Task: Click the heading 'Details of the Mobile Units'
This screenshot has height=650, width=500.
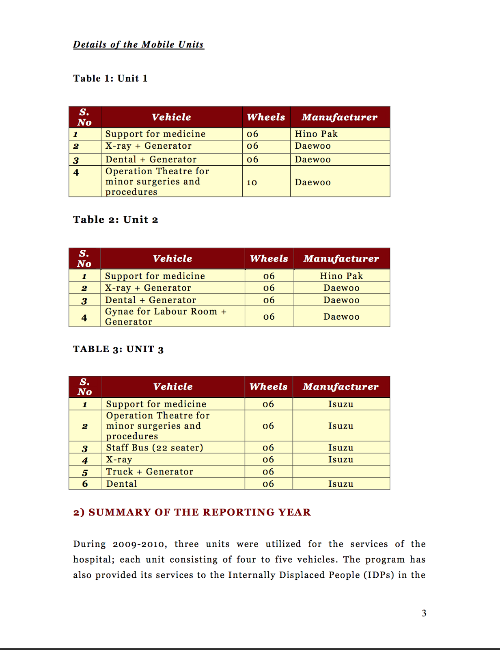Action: (x=138, y=44)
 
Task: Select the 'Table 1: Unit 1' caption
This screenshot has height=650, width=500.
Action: (x=110, y=78)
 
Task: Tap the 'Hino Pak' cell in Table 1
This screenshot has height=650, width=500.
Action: (x=316, y=134)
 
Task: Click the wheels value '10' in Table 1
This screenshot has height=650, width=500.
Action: (x=252, y=182)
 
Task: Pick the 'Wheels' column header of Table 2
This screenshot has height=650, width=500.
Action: (x=269, y=258)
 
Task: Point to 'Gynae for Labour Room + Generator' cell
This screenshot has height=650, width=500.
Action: (x=166, y=316)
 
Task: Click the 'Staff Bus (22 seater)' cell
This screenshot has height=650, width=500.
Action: (x=155, y=448)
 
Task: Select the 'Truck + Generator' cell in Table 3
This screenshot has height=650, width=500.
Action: (x=150, y=472)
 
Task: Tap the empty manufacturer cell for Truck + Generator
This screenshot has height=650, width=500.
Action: (x=341, y=472)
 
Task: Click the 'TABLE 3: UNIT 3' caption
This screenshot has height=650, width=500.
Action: (x=118, y=349)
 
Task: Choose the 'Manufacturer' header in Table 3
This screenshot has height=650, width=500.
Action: (x=341, y=387)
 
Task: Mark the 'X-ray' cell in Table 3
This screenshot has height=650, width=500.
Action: (x=119, y=459)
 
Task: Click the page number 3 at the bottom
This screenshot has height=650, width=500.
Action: (x=424, y=613)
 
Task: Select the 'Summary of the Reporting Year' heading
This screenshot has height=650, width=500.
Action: (x=192, y=512)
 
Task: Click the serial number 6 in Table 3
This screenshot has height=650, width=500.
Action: (x=85, y=484)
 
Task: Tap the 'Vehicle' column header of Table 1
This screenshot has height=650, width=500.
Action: (x=171, y=117)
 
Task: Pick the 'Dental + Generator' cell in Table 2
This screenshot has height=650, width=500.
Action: (x=151, y=300)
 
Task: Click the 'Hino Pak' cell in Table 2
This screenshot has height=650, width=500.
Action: (x=341, y=276)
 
